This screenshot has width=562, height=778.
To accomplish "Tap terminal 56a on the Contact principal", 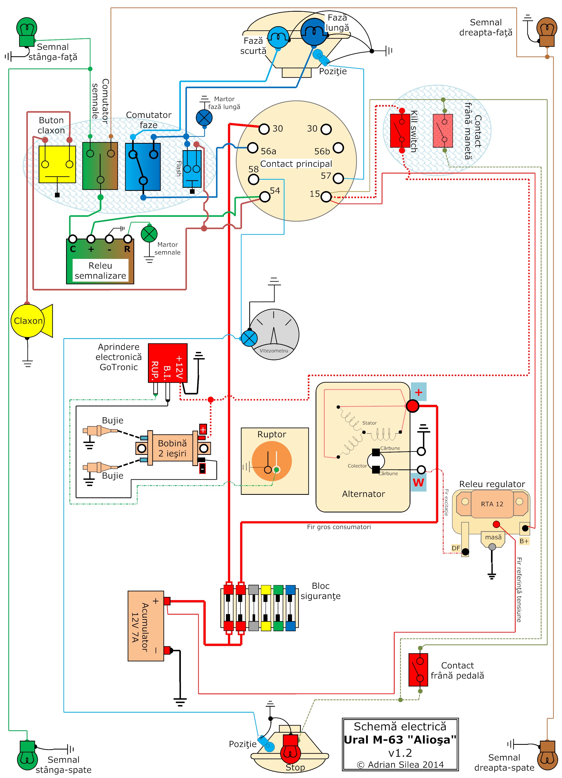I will pos(253,148).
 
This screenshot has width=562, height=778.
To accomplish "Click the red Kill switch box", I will pos(400,130).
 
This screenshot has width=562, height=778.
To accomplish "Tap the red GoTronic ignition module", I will pos(168,363).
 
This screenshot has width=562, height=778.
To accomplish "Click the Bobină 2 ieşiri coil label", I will pos(172,448).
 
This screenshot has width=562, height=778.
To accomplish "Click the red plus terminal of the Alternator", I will pos(412,406).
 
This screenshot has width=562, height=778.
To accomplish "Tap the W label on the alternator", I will pos(418,482).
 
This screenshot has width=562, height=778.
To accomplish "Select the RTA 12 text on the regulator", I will pos(492,504).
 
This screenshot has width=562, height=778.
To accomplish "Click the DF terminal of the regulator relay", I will pos(465,552).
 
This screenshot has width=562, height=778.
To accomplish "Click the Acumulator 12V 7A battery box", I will pos(146,626).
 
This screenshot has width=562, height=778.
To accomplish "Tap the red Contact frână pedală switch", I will pos(418,670).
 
